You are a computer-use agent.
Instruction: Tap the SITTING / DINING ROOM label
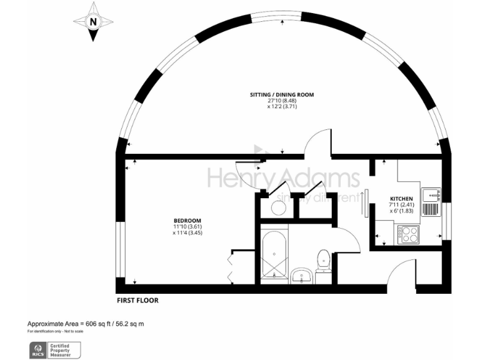282,94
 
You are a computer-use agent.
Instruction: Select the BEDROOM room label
187,221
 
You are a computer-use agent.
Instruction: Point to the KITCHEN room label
401,199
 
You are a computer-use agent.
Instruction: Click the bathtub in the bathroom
274,257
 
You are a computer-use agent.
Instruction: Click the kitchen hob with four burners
411,234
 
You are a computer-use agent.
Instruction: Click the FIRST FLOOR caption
137,301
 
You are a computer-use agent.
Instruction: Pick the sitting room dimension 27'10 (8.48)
282,101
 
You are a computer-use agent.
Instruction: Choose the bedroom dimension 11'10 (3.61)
187,227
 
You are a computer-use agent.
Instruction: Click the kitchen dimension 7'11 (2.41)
401,205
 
